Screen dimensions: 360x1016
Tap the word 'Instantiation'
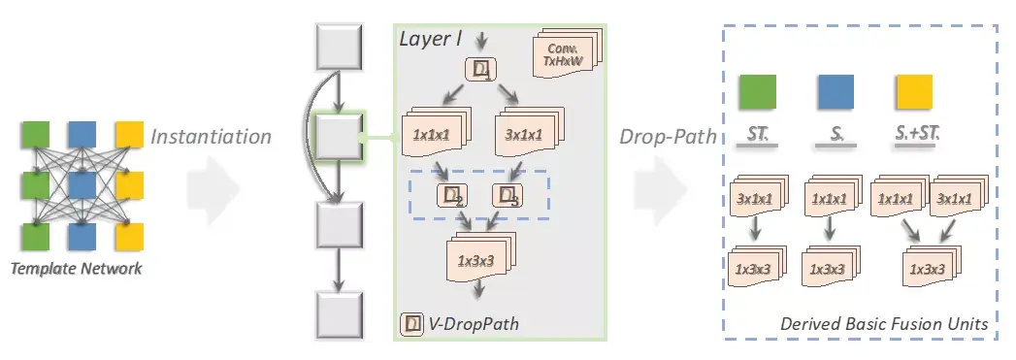coord(211,137)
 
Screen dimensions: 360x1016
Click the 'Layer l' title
coord(432,38)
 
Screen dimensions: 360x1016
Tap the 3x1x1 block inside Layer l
coord(523,135)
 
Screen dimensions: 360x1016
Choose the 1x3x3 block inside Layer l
coord(478,259)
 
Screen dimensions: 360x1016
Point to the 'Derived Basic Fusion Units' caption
coord(883,323)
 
